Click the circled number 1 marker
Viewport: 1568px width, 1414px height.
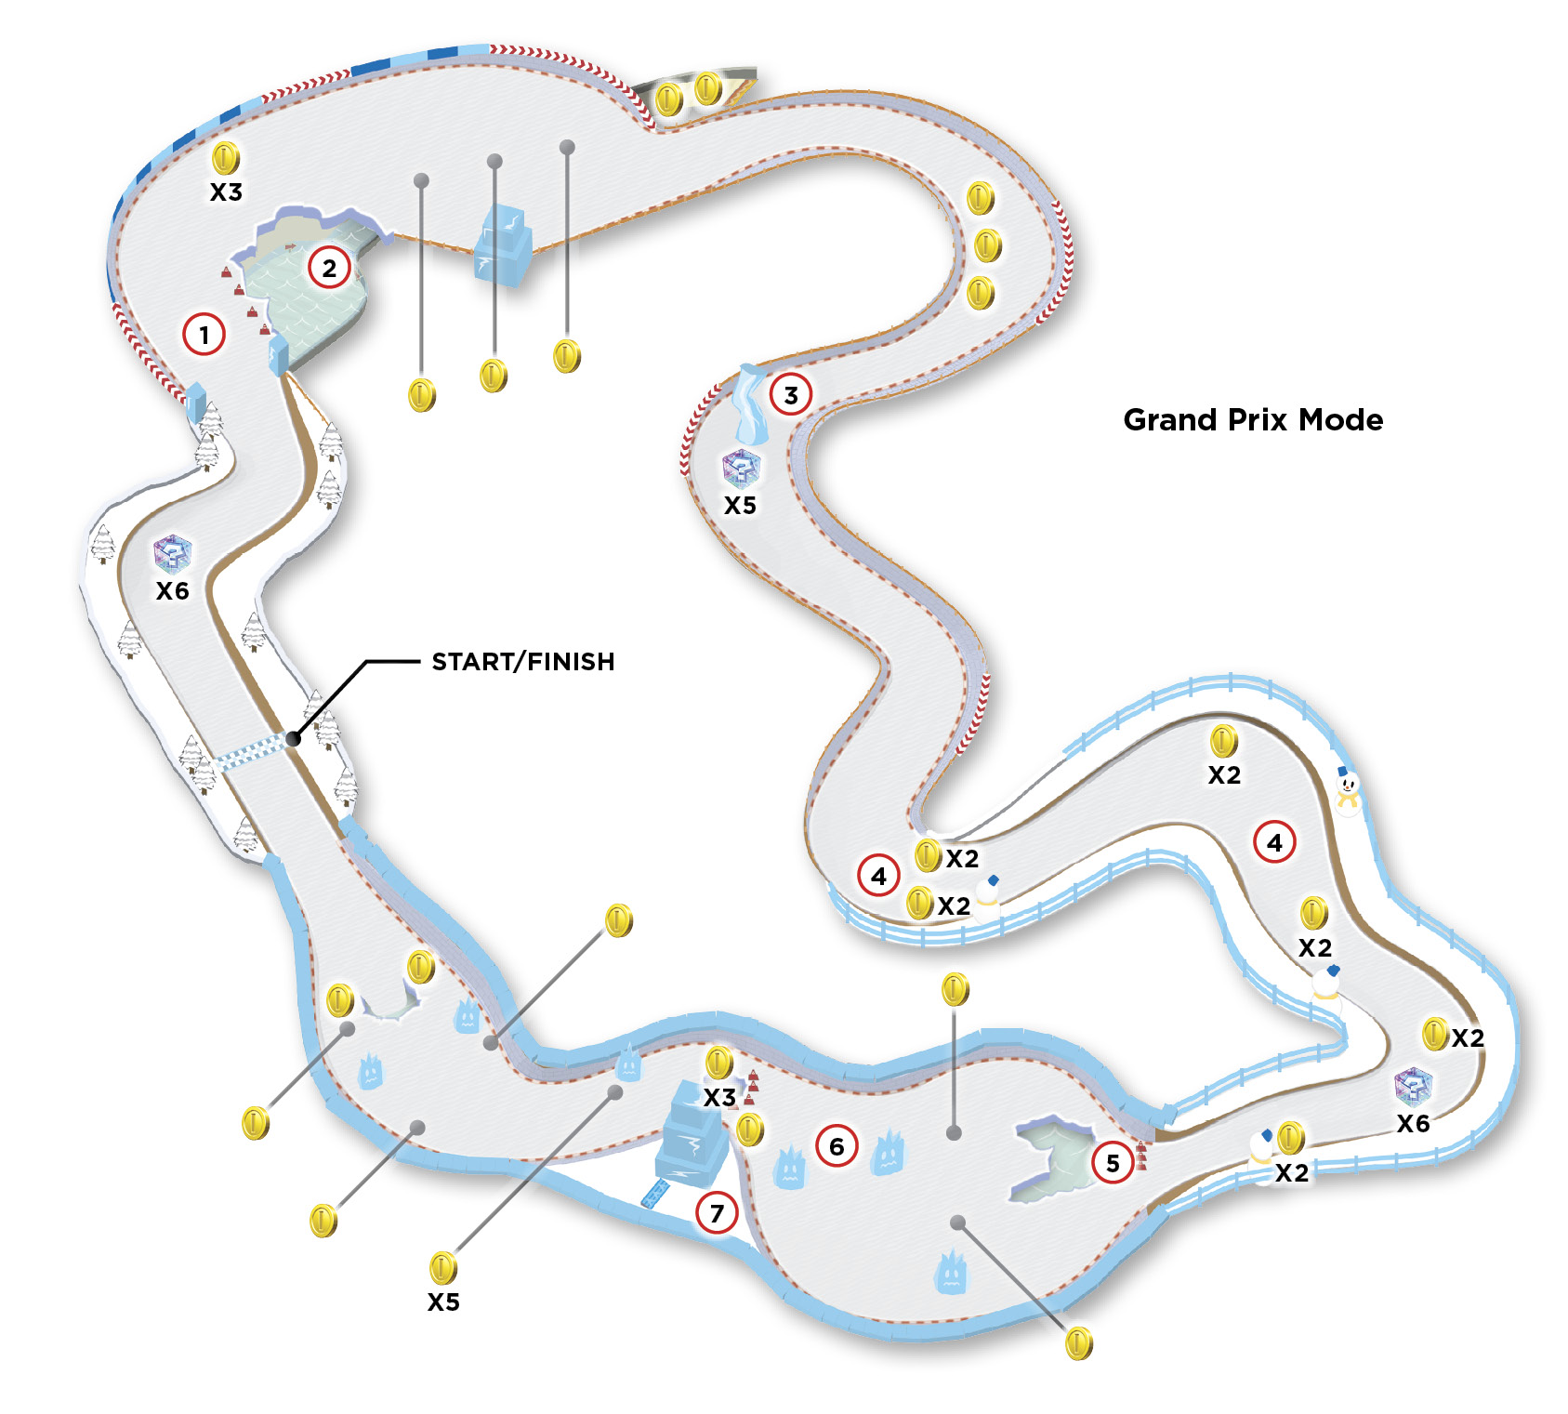(x=204, y=335)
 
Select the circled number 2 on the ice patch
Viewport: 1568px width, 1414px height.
(x=329, y=268)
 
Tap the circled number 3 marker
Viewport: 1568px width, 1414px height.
(x=791, y=395)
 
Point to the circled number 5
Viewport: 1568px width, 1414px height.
(x=1113, y=1163)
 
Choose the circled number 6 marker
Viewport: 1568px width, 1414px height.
(x=837, y=1146)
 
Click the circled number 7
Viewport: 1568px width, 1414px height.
(x=717, y=1213)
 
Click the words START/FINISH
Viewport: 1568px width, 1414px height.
(x=523, y=662)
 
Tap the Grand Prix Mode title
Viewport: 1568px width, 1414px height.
(x=1253, y=420)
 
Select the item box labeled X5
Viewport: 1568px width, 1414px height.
(x=741, y=468)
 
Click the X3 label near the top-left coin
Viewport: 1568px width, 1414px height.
(x=226, y=192)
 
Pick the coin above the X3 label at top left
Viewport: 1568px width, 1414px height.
(x=226, y=158)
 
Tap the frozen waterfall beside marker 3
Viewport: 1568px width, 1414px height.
(x=751, y=404)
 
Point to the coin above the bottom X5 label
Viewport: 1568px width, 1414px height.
(x=443, y=1268)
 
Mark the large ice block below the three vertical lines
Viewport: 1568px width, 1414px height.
(x=504, y=244)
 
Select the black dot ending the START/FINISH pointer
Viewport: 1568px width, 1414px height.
(x=294, y=739)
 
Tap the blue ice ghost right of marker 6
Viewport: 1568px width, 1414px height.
(x=888, y=1152)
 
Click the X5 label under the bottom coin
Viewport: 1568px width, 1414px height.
(x=443, y=1302)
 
